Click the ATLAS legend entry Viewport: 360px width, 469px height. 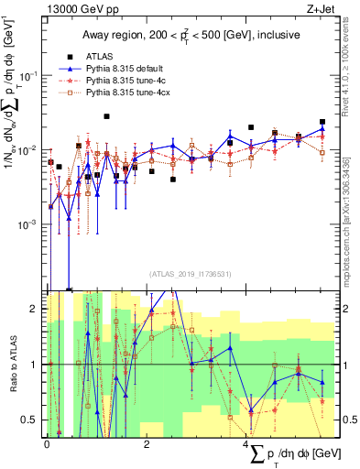click(x=100, y=55)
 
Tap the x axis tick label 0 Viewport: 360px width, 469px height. click(x=47, y=443)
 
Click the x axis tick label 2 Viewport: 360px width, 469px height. click(x=147, y=443)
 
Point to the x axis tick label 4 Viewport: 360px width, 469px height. click(x=246, y=443)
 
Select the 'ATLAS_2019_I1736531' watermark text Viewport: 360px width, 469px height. click(x=190, y=274)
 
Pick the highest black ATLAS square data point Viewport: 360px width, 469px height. click(x=107, y=116)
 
